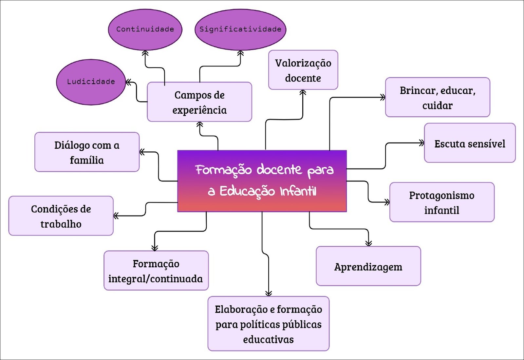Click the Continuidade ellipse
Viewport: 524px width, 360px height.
click(x=145, y=29)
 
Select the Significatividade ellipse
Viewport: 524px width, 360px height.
click(x=240, y=29)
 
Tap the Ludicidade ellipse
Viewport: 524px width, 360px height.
click(x=91, y=82)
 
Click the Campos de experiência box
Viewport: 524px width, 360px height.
click(x=199, y=102)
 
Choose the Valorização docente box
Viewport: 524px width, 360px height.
click(x=303, y=70)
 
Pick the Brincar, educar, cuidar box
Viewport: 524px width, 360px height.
click(x=438, y=97)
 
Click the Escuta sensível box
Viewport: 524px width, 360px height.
click(x=470, y=143)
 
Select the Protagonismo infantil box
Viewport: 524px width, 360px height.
click(x=442, y=202)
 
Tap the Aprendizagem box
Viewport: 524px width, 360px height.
click(x=368, y=266)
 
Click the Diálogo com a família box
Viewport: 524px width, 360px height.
click(x=87, y=152)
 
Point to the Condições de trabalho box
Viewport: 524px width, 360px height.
click(x=61, y=216)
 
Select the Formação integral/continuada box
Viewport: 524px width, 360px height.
click(x=156, y=271)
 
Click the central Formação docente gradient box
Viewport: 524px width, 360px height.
click(x=262, y=181)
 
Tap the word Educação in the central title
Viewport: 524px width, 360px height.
click(x=247, y=191)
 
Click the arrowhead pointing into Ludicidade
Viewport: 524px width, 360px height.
click(x=128, y=82)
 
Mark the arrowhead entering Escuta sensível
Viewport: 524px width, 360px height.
click(x=421, y=143)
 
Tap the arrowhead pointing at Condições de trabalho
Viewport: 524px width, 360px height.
click(x=116, y=216)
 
